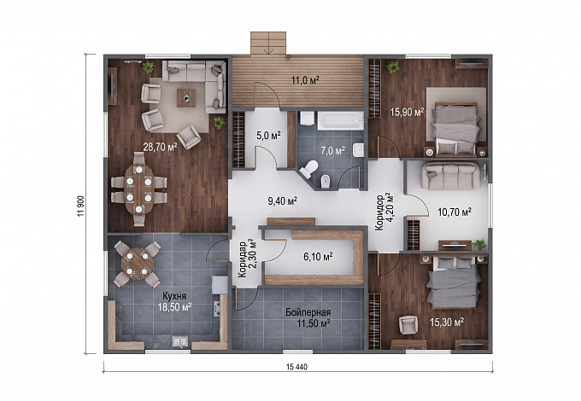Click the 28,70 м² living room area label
click(x=160, y=147)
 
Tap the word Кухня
click(x=174, y=296)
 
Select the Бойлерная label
click(x=308, y=312)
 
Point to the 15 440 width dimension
click(x=296, y=367)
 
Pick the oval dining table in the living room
click(x=138, y=189)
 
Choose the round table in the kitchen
click(x=137, y=264)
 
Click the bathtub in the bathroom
click(x=341, y=120)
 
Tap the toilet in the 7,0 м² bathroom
click(x=308, y=169)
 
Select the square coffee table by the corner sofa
click(x=186, y=97)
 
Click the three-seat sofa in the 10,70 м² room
click(x=452, y=176)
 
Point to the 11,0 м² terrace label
click(x=305, y=80)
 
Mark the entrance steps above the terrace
click(x=268, y=44)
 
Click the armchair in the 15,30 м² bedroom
click(x=408, y=324)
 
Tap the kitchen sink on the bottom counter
click(x=179, y=342)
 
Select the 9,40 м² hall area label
click(x=283, y=200)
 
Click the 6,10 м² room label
click(x=318, y=256)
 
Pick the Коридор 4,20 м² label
click(x=384, y=212)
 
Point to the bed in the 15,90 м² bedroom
click(x=456, y=128)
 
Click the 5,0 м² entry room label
click(x=268, y=136)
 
